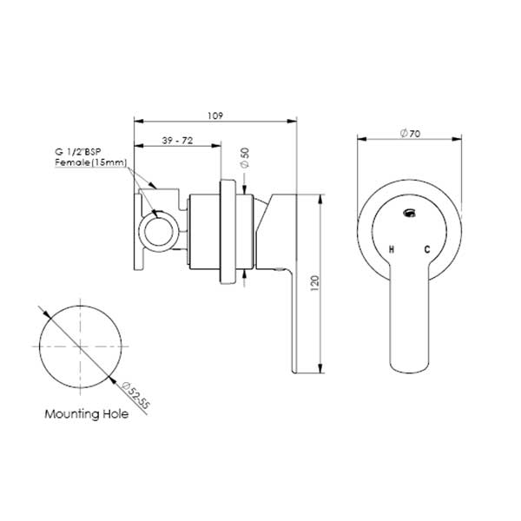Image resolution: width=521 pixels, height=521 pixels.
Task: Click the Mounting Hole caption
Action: pyautogui.click(x=87, y=414)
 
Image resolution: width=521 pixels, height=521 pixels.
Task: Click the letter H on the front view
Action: pyautogui.click(x=392, y=250)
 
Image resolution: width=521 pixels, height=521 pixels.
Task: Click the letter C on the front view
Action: pyautogui.click(x=427, y=250)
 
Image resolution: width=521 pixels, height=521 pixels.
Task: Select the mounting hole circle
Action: pyautogui.click(x=82, y=346)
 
